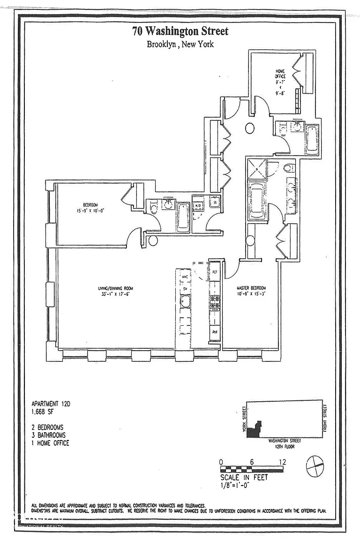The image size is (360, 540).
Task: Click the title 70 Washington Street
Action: (x=180, y=32)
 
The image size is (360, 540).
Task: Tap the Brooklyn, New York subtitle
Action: (x=180, y=45)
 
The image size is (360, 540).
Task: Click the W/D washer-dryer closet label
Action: (x=198, y=205)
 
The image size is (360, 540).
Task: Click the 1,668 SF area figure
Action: (x=43, y=411)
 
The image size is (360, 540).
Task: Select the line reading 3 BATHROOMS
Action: (x=49, y=435)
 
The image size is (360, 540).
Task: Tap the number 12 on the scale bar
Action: (x=282, y=462)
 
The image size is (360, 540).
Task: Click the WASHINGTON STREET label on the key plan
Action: (x=285, y=441)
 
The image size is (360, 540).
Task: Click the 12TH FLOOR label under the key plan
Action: (x=285, y=446)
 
